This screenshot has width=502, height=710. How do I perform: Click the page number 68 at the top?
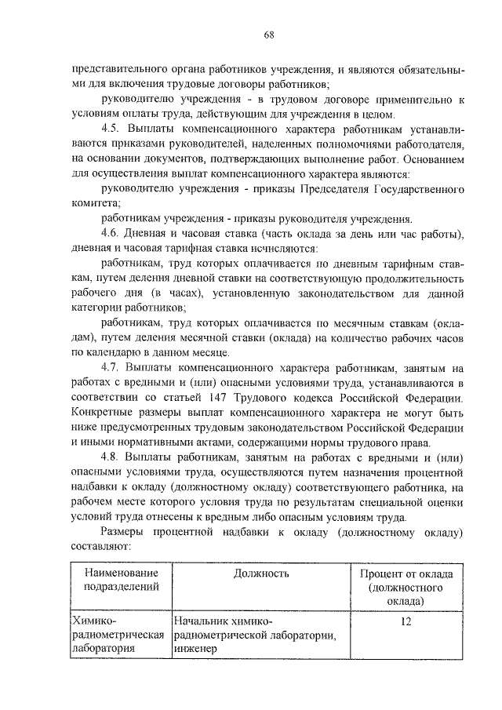click(267, 35)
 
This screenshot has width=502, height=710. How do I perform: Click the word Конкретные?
click(106, 413)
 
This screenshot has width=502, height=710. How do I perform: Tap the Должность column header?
click(261, 573)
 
